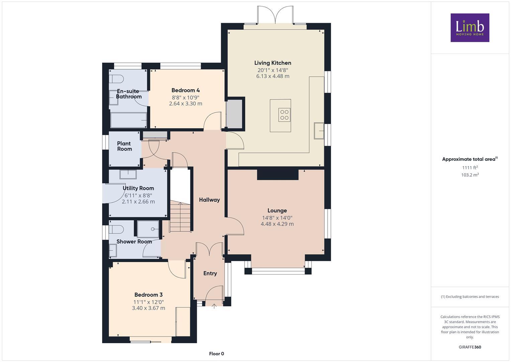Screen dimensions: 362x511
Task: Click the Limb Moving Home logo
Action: click(x=470, y=27)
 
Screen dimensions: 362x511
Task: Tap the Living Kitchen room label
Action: click(x=272, y=63)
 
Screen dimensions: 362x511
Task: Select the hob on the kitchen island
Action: click(x=284, y=115)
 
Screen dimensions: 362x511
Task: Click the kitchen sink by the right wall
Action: click(x=319, y=131)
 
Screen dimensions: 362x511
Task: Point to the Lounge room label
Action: click(x=277, y=210)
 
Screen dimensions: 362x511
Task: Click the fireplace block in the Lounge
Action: click(x=277, y=175)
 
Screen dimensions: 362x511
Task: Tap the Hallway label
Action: click(x=209, y=200)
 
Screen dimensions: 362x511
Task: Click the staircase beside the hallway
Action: click(x=180, y=217)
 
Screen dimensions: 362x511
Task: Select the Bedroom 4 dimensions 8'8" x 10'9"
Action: click(x=185, y=98)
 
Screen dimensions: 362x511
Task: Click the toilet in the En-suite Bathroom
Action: click(x=116, y=79)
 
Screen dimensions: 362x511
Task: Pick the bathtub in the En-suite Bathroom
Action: click(x=129, y=120)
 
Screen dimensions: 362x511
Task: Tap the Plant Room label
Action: click(x=124, y=146)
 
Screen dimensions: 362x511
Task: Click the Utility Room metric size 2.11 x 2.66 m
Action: click(x=138, y=201)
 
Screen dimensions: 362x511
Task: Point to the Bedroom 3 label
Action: click(x=148, y=295)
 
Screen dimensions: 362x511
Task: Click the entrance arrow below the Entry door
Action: click(x=214, y=306)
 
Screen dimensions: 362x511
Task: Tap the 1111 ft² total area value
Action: click(x=470, y=168)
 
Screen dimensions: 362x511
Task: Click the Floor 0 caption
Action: click(x=216, y=354)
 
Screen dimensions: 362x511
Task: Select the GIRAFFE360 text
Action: click(x=470, y=347)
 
